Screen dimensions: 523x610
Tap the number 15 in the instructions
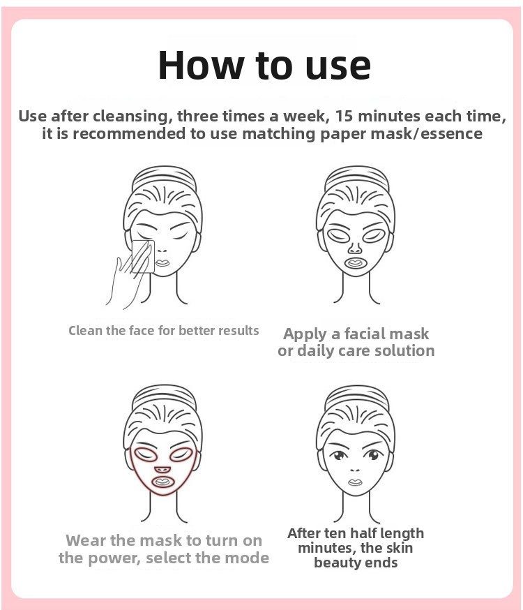click(x=344, y=116)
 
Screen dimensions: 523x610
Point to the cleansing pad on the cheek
click(x=143, y=257)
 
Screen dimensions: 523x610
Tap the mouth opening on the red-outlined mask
click(x=162, y=482)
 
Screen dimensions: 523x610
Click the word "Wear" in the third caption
click(x=86, y=541)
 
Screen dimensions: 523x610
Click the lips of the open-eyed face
click(x=355, y=483)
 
